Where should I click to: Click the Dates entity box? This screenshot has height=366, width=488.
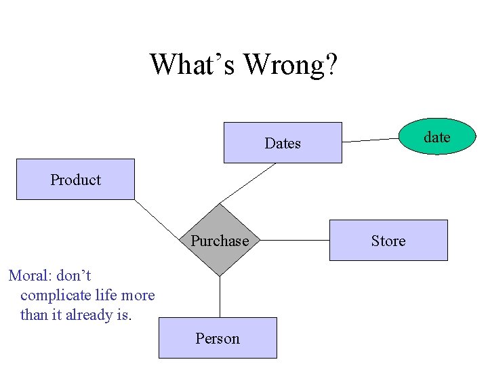[283, 143]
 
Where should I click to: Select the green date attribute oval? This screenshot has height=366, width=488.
[436, 137]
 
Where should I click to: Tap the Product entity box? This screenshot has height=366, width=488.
[75, 180]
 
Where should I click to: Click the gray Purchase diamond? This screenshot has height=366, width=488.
[220, 241]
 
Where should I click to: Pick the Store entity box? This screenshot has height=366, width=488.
[388, 241]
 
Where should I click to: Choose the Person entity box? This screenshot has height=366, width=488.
[218, 338]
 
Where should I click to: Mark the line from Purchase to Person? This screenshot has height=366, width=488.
[220, 297]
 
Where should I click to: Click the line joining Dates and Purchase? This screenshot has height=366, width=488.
[249, 182]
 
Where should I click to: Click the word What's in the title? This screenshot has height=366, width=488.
[192, 64]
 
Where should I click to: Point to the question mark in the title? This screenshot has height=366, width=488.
[331, 64]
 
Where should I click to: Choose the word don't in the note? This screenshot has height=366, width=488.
[73, 276]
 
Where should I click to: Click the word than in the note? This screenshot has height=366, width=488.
[34, 315]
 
